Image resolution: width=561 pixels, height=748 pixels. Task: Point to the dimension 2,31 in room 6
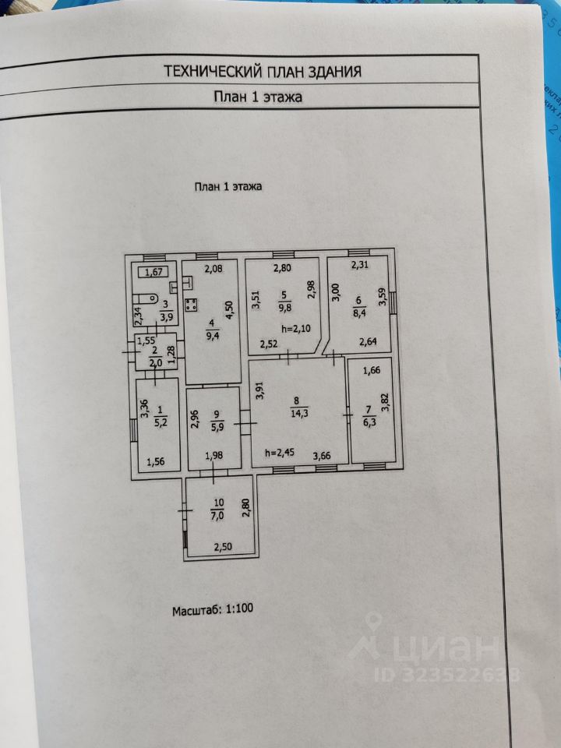tap(359, 265)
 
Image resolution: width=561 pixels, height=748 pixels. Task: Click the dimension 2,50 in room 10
tap(224, 548)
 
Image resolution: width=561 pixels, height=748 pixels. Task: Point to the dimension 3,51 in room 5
tap(254, 301)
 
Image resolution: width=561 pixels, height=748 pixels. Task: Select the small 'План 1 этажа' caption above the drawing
tap(228, 186)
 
